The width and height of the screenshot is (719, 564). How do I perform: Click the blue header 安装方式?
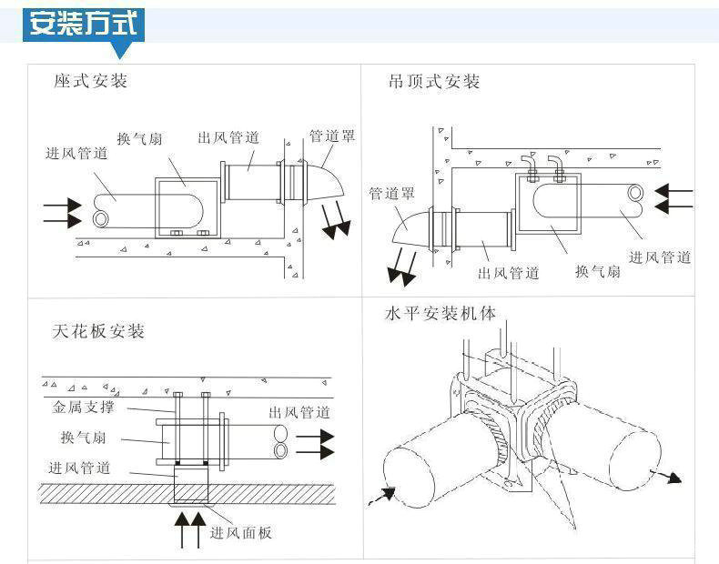(84, 24)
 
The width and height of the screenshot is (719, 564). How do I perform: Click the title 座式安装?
(91, 81)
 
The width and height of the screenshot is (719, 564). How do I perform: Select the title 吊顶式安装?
(434, 82)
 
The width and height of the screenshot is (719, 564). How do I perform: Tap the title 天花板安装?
(98, 331)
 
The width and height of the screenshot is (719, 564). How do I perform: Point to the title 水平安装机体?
(441, 314)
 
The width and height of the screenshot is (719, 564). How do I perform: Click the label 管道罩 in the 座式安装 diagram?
(332, 136)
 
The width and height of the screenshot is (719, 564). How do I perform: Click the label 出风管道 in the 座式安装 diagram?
(228, 137)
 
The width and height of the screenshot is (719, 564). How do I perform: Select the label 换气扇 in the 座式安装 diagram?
(139, 138)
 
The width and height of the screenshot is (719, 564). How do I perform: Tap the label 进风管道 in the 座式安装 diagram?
(76, 153)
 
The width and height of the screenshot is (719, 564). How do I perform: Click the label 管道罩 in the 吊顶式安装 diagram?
(391, 193)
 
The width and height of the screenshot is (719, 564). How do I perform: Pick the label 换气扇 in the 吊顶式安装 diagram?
(598, 271)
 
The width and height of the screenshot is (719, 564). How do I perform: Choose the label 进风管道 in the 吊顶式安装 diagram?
(660, 257)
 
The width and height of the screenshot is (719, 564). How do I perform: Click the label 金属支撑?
(83, 407)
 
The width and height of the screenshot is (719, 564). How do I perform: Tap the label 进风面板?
(241, 532)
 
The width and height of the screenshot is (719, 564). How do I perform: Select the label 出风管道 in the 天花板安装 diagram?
(299, 412)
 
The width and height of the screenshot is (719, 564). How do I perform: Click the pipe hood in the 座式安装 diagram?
(324, 181)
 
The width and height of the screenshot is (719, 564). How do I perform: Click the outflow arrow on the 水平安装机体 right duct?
(666, 476)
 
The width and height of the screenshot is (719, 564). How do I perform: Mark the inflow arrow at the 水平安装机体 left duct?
(381, 497)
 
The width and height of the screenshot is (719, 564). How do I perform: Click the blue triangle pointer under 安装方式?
(121, 50)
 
